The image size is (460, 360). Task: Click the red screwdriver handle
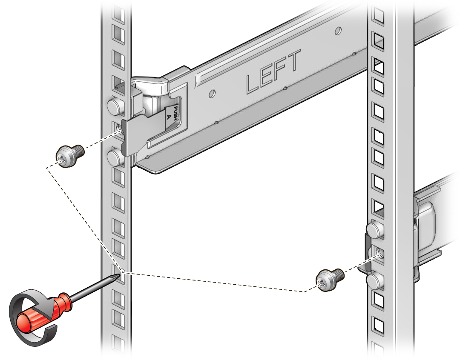click(x=43, y=311)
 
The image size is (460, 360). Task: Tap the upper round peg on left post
click(x=114, y=106)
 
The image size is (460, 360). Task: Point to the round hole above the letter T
click(x=338, y=30)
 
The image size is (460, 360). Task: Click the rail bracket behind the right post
click(x=426, y=221)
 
